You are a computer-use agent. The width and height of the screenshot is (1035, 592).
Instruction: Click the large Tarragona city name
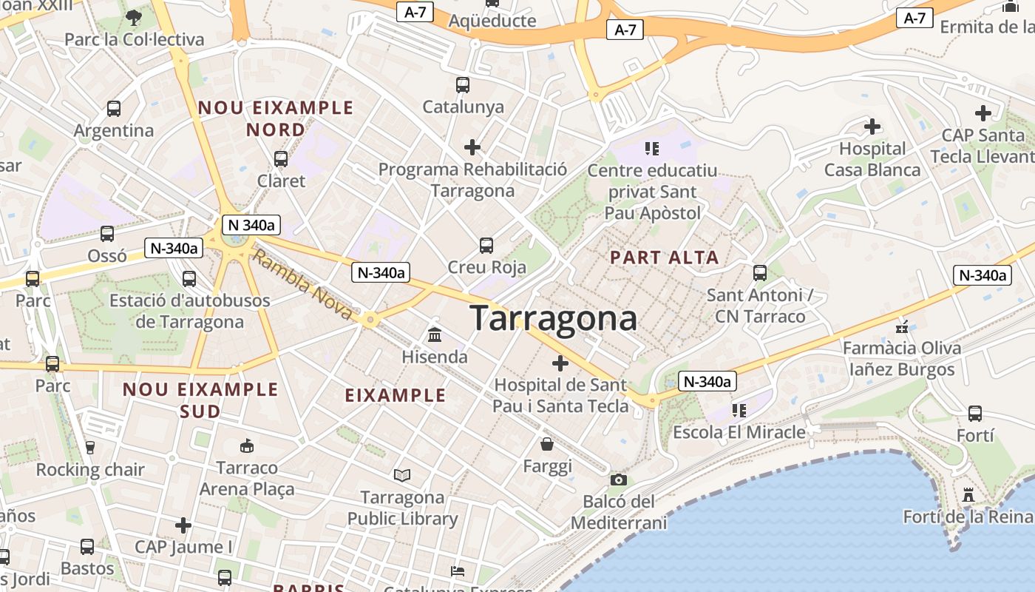coord(554,318)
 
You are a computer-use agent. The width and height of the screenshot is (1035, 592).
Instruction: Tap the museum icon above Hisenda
coord(435,335)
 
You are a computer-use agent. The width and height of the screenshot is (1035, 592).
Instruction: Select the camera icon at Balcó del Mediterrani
coord(619,480)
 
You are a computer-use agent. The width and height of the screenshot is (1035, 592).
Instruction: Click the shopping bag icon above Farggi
coord(548,444)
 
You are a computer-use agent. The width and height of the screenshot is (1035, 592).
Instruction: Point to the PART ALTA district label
coord(664,258)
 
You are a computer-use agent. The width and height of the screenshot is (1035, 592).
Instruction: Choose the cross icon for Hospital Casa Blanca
coord(872,127)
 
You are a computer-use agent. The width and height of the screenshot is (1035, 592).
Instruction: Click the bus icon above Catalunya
coord(463,85)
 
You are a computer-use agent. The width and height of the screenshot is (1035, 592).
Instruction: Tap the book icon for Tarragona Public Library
coord(402,475)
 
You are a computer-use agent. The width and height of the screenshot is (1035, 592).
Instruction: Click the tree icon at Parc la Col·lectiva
coord(134,17)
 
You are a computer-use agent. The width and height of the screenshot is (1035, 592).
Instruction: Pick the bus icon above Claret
coord(281,158)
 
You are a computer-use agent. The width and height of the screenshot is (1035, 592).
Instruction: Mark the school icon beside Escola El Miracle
coord(739,410)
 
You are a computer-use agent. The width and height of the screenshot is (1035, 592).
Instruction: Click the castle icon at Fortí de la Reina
coord(968,494)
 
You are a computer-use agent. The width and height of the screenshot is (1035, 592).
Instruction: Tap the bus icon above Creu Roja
coord(486,246)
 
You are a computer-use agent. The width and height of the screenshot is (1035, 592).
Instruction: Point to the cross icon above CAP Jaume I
coord(183,525)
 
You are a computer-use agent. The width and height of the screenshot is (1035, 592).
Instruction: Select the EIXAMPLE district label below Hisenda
coord(396,395)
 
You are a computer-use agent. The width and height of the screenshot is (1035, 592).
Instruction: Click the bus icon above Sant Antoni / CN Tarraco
coord(759,273)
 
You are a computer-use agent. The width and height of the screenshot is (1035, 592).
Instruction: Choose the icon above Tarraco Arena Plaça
coord(247,445)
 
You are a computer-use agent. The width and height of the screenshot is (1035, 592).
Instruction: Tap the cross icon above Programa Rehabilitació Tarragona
coord(472,147)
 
